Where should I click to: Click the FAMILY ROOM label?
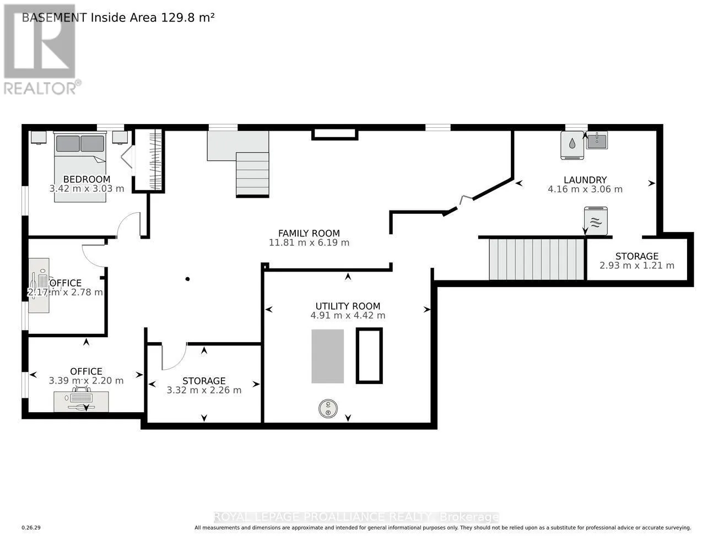click(309, 233)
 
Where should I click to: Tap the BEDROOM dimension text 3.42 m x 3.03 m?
click(87, 188)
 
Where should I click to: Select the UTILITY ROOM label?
click(348, 306)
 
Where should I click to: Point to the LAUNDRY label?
click(585, 180)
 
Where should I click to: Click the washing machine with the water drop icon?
click(572, 145)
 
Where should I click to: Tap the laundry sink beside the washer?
click(597, 141)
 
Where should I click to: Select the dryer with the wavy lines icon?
click(596, 221)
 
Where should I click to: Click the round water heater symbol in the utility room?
click(328, 409)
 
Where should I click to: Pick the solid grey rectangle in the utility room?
click(327, 356)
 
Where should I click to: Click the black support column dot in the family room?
click(188, 279)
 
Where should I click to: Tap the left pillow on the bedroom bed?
click(68, 143)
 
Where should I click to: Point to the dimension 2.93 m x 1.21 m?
click(637, 266)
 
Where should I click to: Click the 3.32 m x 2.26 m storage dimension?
click(204, 390)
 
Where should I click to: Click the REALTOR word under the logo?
click(40, 89)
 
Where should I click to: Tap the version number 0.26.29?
click(31, 528)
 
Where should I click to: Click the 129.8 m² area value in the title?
click(187, 18)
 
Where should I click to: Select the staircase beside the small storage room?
click(537, 260)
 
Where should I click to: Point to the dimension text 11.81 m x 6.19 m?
click(309, 242)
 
